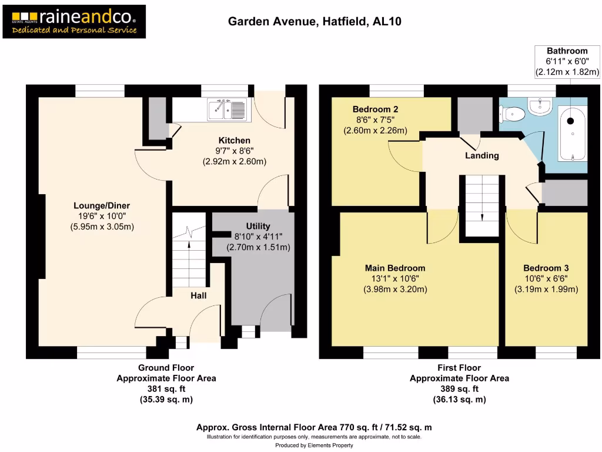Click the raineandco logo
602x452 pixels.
tap(74, 22)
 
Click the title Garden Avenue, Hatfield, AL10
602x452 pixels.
tap(315, 22)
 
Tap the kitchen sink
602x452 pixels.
tap(227, 109)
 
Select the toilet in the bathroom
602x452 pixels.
tap(512, 112)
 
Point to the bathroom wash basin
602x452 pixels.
tap(539, 107)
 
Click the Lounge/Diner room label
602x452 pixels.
tap(102, 205)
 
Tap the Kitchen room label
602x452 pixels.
tap(235, 141)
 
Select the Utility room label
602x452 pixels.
tap(258, 226)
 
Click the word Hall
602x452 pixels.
tap(198, 297)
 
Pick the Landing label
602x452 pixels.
tap(481, 156)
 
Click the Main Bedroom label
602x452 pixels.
tap(395, 268)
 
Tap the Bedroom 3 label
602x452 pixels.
tap(546, 268)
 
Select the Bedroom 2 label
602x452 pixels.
tap(375, 109)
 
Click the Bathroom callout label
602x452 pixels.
tap(567, 51)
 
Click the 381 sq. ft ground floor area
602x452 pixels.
tap(166, 389)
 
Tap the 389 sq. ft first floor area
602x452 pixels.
tap(459, 389)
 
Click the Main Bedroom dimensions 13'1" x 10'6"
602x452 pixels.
tap(395, 278)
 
